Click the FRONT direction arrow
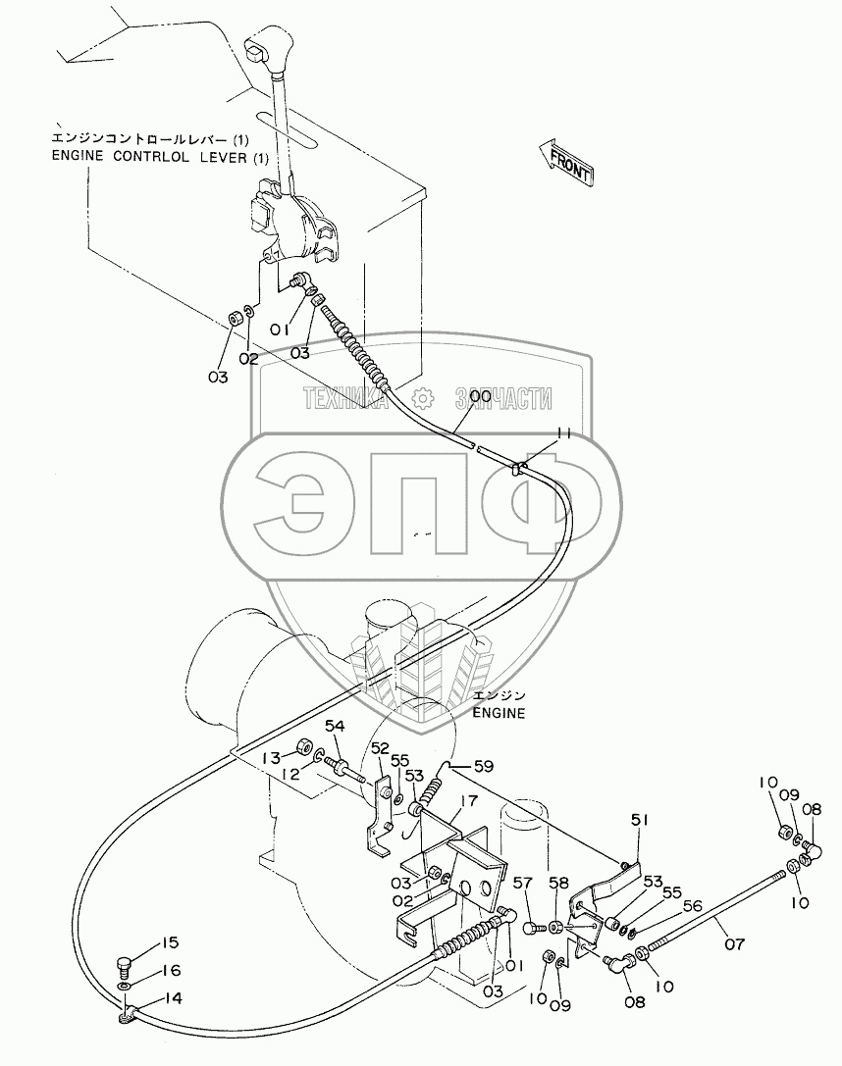pyautogui.click(x=566, y=163)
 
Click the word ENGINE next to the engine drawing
pyautogui.click(x=500, y=713)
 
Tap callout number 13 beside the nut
pyautogui.click(x=270, y=757)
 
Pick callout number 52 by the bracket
pyautogui.click(x=380, y=747)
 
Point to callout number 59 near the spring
pyautogui.click(x=484, y=766)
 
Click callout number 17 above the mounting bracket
pyautogui.click(x=467, y=800)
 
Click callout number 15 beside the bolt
pyautogui.click(x=171, y=943)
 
